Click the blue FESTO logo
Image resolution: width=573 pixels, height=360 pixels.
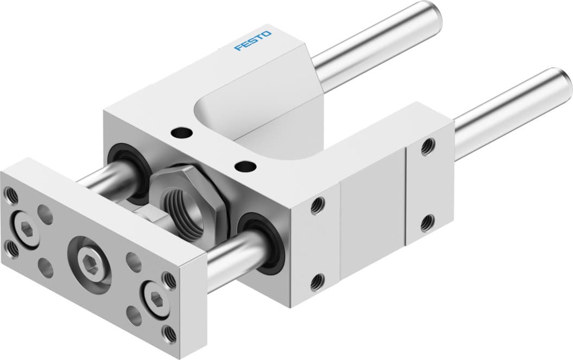(x=253, y=41)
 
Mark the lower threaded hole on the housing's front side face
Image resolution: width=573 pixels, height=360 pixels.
(x=317, y=282)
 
